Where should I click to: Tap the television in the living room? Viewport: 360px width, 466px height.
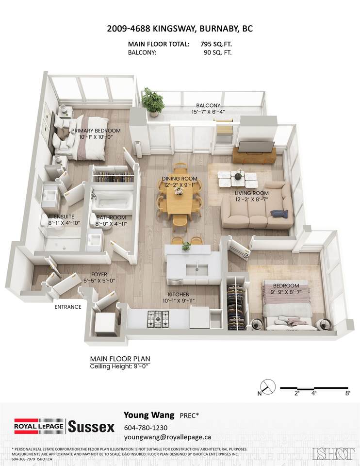click(x=257, y=147)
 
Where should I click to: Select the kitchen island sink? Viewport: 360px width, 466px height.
click(x=196, y=269)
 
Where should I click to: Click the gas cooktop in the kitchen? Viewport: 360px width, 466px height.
click(x=158, y=319)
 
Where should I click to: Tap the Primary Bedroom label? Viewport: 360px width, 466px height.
click(x=96, y=131)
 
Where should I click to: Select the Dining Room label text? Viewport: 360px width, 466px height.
click(x=180, y=179)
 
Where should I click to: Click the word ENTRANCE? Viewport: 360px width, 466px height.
click(x=68, y=307)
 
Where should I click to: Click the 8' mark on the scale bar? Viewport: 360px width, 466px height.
click(x=348, y=393)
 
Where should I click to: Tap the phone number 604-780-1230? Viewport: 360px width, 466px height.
click(x=146, y=428)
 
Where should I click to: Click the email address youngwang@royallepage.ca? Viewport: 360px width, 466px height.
click(x=167, y=437)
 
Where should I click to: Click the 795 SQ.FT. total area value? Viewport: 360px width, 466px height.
click(x=216, y=44)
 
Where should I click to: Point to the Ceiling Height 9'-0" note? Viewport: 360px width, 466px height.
click(x=119, y=366)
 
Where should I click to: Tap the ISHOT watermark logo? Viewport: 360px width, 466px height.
click(x=334, y=453)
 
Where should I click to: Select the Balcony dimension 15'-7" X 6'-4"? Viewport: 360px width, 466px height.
click(x=208, y=112)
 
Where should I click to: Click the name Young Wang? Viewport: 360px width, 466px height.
click(x=149, y=415)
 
